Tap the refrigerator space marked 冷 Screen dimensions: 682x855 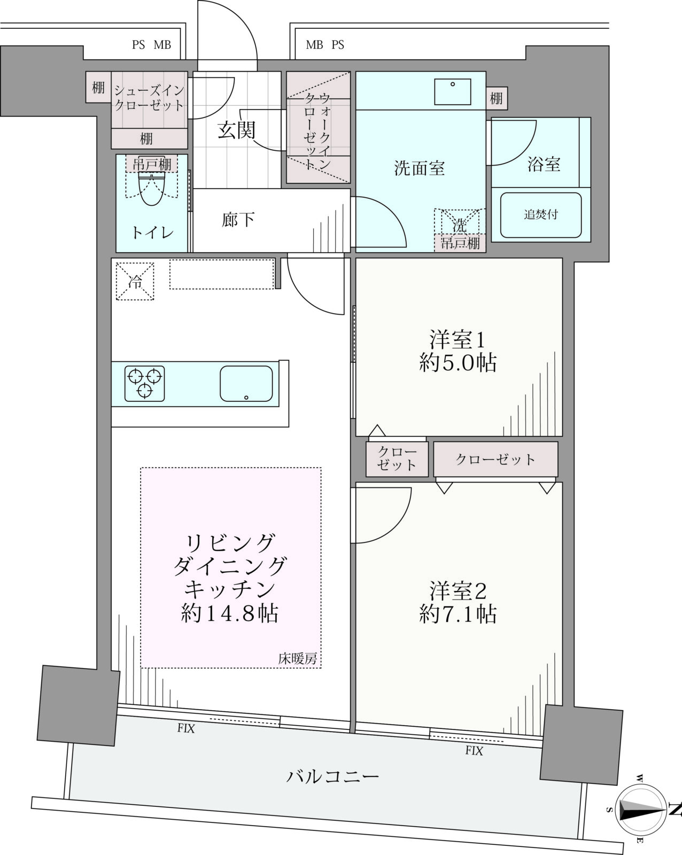point(135,281)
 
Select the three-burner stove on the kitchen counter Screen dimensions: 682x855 point(145,383)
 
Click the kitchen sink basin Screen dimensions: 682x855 point(246,383)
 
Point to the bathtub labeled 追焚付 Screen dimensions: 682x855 point(540,215)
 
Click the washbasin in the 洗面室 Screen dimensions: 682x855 point(453,91)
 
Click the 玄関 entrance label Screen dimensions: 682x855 point(236,130)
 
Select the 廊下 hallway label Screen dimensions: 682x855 point(238,220)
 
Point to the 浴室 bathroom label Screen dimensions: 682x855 point(544,164)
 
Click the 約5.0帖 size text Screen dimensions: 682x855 point(458,363)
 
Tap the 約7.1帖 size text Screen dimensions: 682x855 point(458,614)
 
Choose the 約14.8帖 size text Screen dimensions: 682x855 point(230,613)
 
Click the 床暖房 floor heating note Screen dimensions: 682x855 point(297,659)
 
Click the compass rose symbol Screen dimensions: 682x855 point(641,811)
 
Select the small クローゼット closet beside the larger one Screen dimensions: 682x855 point(397,459)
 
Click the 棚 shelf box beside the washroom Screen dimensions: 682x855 point(497,98)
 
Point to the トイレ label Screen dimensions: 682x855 point(152,233)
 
